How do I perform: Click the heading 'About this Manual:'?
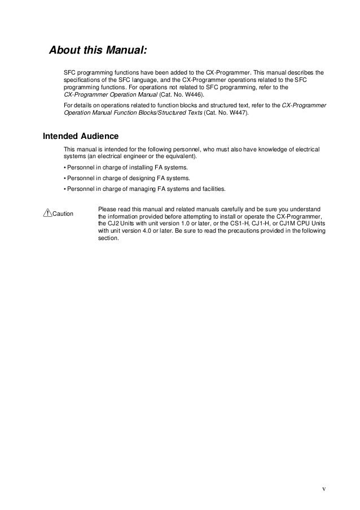point(98,51)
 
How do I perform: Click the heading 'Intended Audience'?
point(81,136)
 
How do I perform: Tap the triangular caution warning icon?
point(47,212)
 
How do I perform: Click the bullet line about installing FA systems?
point(126,168)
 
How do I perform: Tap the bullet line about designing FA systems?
point(126,178)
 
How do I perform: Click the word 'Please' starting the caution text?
point(107,209)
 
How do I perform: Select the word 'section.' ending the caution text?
point(108,238)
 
